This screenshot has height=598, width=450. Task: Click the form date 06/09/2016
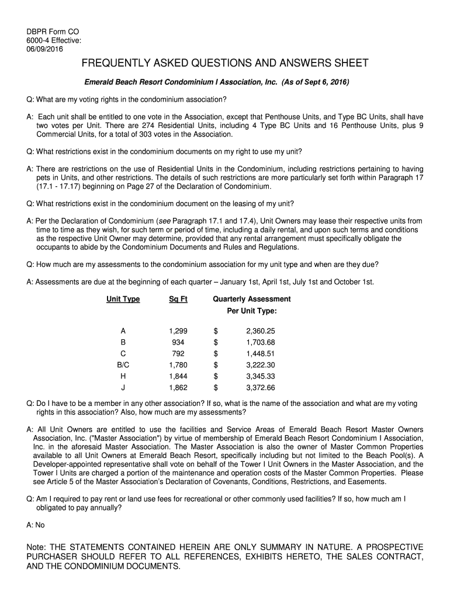coord(44,48)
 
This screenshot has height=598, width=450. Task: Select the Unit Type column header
coord(123,299)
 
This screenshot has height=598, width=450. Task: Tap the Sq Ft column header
coord(178,299)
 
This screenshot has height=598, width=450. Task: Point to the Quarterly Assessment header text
coord(251,299)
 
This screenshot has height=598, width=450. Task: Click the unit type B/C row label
coord(123,365)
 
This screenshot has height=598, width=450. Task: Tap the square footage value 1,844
coord(178,376)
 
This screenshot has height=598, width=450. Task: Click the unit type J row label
coord(123,387)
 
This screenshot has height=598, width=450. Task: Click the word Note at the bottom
coord(37,547)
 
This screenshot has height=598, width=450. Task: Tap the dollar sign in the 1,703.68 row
coord(216,342)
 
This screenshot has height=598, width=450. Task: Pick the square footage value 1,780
coord(178,365)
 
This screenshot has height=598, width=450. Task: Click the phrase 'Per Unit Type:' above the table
coord(251,311)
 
